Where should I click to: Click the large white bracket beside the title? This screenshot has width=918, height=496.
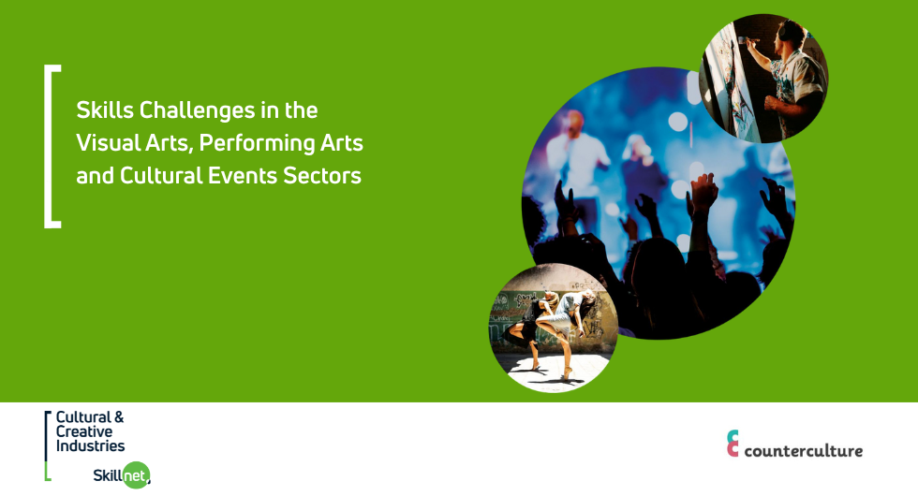[x=47, y=146]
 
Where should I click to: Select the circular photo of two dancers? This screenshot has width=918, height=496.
[x=554, y=328]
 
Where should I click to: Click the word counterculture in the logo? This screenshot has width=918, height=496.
[x=804, y=450]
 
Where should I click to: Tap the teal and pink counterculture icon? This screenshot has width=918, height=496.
[x=733, y=443]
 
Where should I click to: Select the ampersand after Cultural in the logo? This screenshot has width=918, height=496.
[x=119, y=417]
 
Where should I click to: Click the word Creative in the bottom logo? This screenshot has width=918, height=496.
[x=83, y=431]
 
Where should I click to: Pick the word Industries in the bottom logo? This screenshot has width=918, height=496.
[x=90, y=445]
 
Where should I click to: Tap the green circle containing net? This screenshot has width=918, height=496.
[x=137, y=475]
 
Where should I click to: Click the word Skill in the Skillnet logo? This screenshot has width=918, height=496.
[x=108, y=475]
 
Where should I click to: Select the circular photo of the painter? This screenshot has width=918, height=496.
[x=763, y=79]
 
